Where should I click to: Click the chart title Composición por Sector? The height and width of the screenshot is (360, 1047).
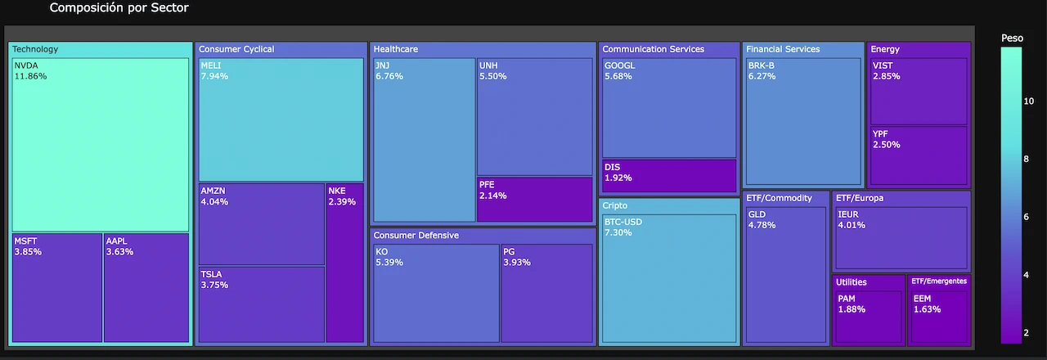click(x=119, y=8)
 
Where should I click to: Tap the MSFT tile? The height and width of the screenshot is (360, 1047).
click(x=56, y=287)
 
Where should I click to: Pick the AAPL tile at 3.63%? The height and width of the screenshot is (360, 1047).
click(x=146, y=287)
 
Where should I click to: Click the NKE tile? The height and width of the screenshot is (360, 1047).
click(x=344, y=263)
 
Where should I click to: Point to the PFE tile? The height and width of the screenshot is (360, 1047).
click(x=534, y=199)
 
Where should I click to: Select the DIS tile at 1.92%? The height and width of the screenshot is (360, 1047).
click(x=669, y=176)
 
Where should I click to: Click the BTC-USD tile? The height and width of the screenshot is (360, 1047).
click(x=669, y=278)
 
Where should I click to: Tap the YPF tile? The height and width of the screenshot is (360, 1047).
click(x=919, y=156)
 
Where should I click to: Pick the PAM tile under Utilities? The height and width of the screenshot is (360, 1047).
click(x=869, y=317)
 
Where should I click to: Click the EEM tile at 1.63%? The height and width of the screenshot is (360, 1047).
click(x=938, y=317)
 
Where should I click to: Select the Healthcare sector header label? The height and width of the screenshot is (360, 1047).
click(x=396, y=49)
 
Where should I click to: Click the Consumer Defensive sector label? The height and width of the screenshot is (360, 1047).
click(x=416, y=236)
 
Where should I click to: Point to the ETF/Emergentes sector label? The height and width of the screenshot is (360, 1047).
click(x=939, y=281)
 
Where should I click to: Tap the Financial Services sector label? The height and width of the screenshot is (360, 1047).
click(x=783, y=49)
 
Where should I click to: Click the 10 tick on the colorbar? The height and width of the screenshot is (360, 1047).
click(x=1029, y=101)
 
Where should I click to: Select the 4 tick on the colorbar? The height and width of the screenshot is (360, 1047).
click(x=1027, y=275)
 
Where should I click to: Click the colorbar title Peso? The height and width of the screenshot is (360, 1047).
click(x=1012, y=38)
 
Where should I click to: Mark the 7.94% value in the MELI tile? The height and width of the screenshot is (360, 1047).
click(x=214, y=76)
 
